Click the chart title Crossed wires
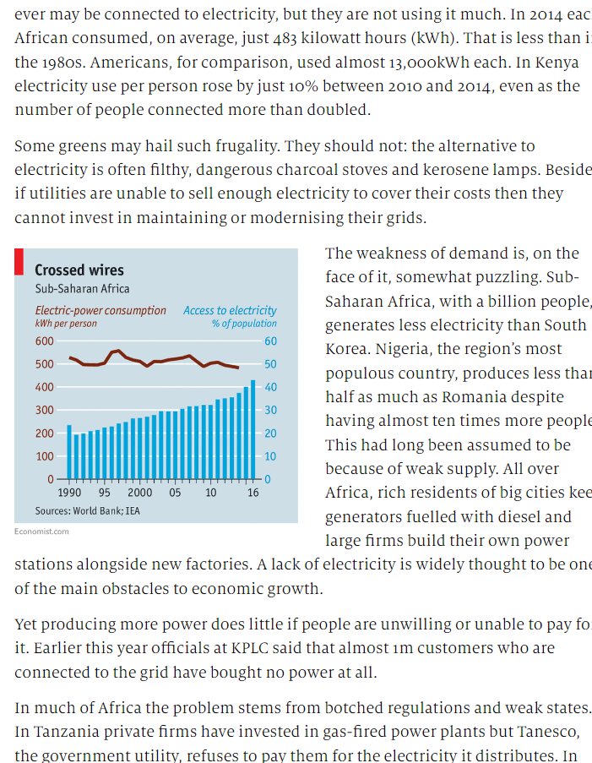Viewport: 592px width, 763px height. (79, 270)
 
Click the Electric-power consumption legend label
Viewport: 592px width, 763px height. (100, 310)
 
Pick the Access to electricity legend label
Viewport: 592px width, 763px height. (230, 310)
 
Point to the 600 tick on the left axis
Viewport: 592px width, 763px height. (44, 341)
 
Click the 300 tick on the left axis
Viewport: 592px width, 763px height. (44, 410)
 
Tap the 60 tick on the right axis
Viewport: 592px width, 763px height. (270, 341)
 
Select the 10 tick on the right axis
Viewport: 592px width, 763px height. (270, 456)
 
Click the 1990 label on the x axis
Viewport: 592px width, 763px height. (69, 493)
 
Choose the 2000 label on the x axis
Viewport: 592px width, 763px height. (139, 493)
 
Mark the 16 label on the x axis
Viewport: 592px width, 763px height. (253, 493)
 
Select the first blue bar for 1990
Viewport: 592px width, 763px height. (69, 451)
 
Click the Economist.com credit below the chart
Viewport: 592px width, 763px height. (41, 531)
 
